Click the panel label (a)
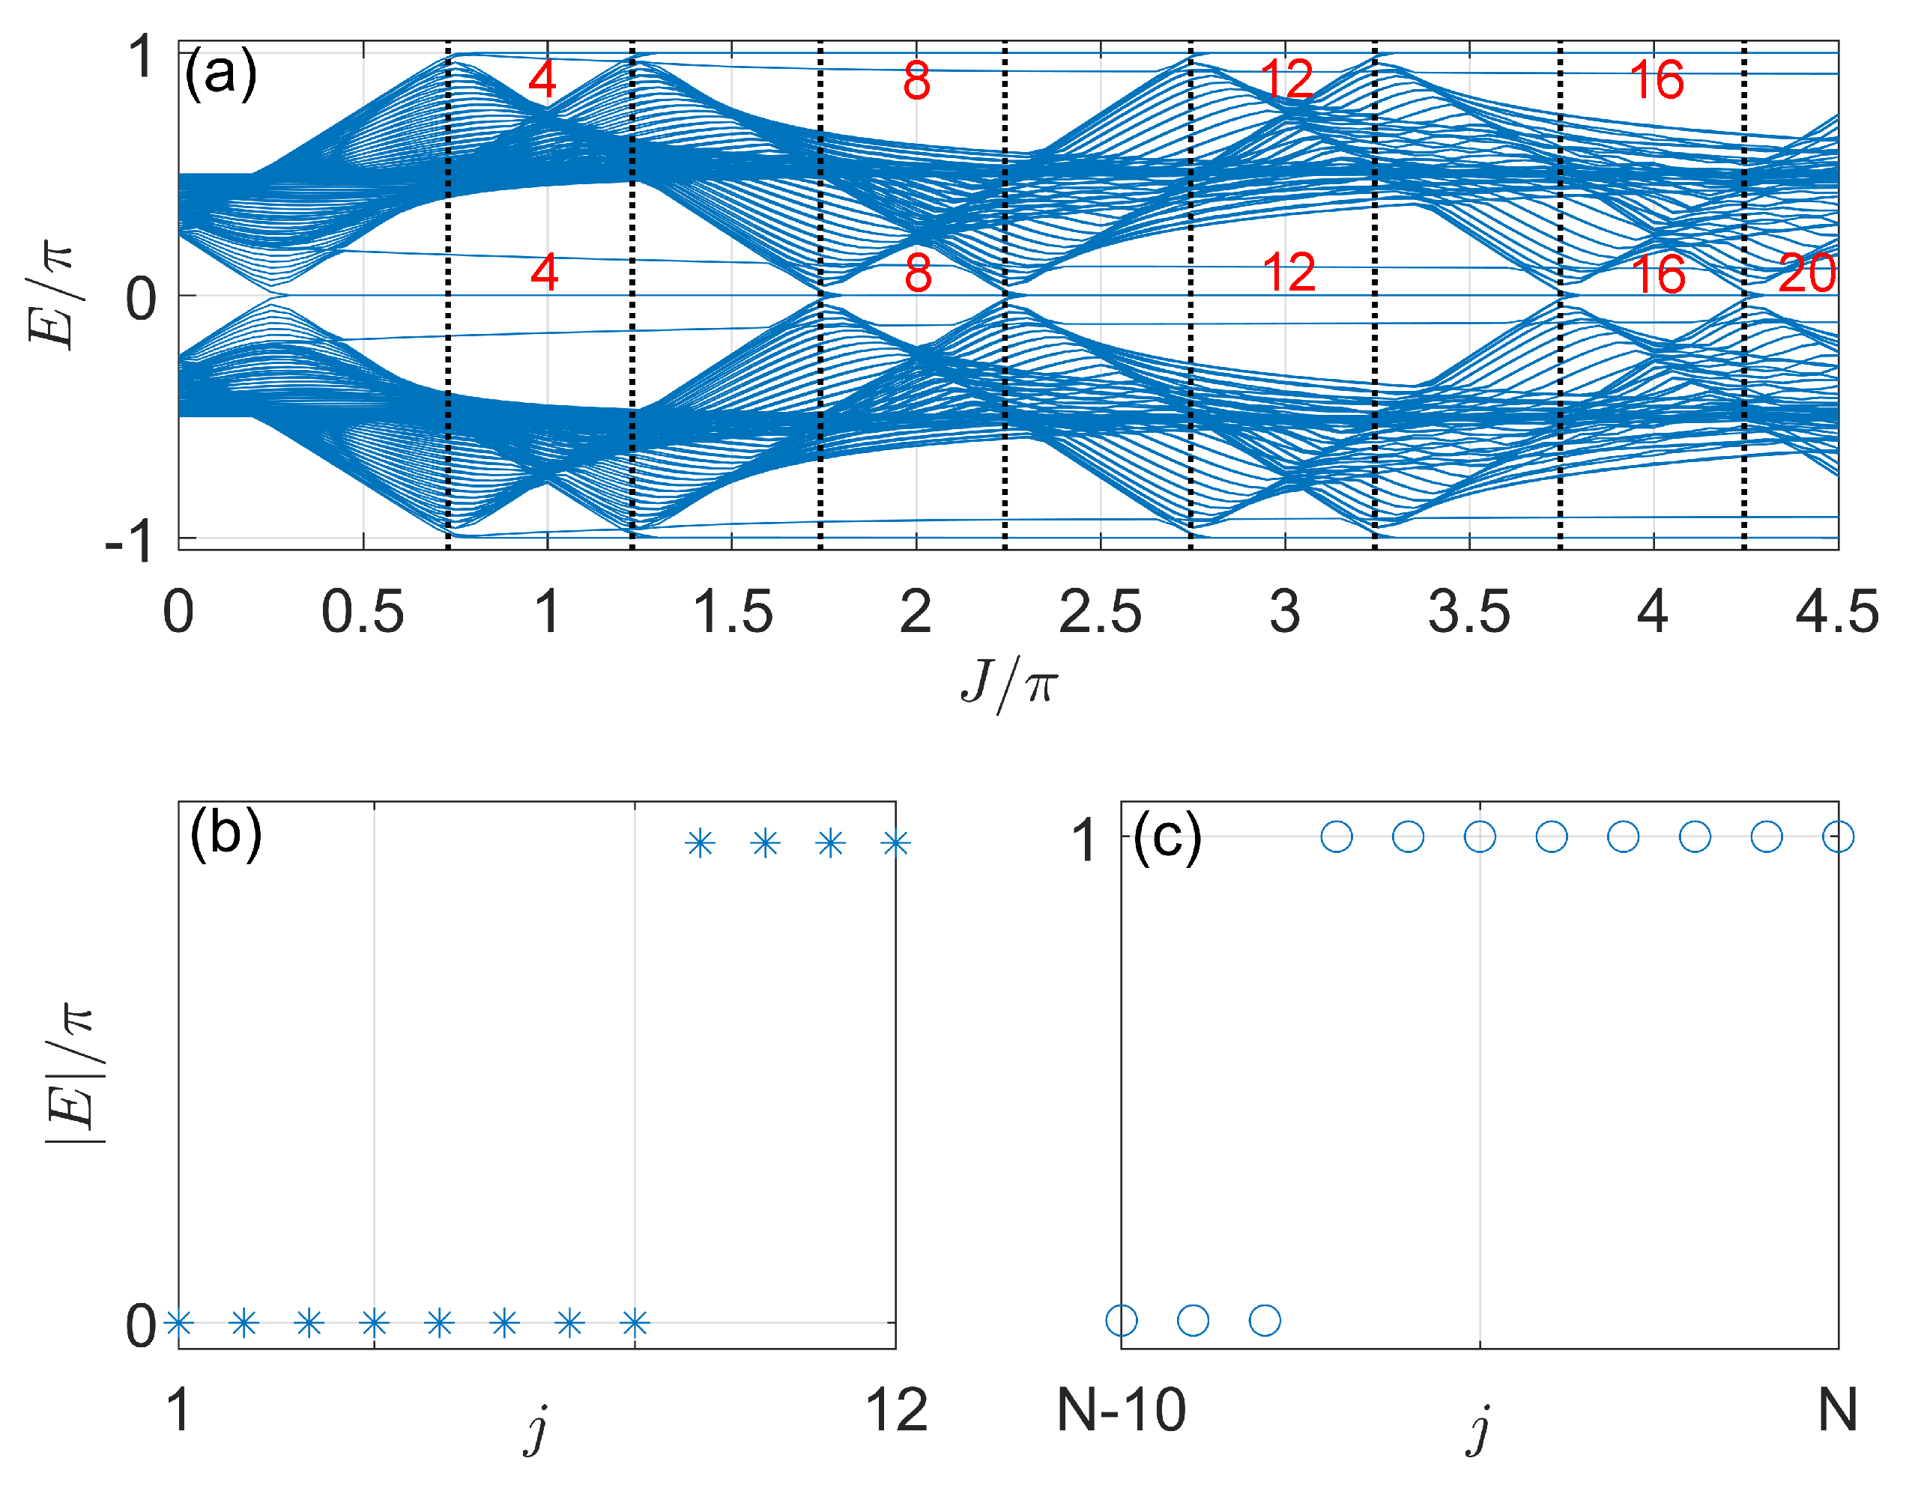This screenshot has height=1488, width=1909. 220,73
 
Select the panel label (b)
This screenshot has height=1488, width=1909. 226,833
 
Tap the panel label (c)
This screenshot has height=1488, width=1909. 1167,836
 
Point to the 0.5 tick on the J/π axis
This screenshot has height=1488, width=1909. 363,613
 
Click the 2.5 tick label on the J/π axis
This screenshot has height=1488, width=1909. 1100,613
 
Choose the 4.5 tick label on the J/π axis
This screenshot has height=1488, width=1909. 1836,613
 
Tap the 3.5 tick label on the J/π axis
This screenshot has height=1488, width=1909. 1468,613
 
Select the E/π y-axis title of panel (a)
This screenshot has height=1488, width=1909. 52,297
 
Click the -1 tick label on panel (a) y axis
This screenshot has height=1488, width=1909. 130,543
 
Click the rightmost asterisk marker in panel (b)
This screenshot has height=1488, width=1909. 896,843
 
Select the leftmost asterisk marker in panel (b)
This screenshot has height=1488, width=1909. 179,1323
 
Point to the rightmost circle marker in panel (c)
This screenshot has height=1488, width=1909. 1839,836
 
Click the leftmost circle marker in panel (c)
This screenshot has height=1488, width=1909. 1122,1320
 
